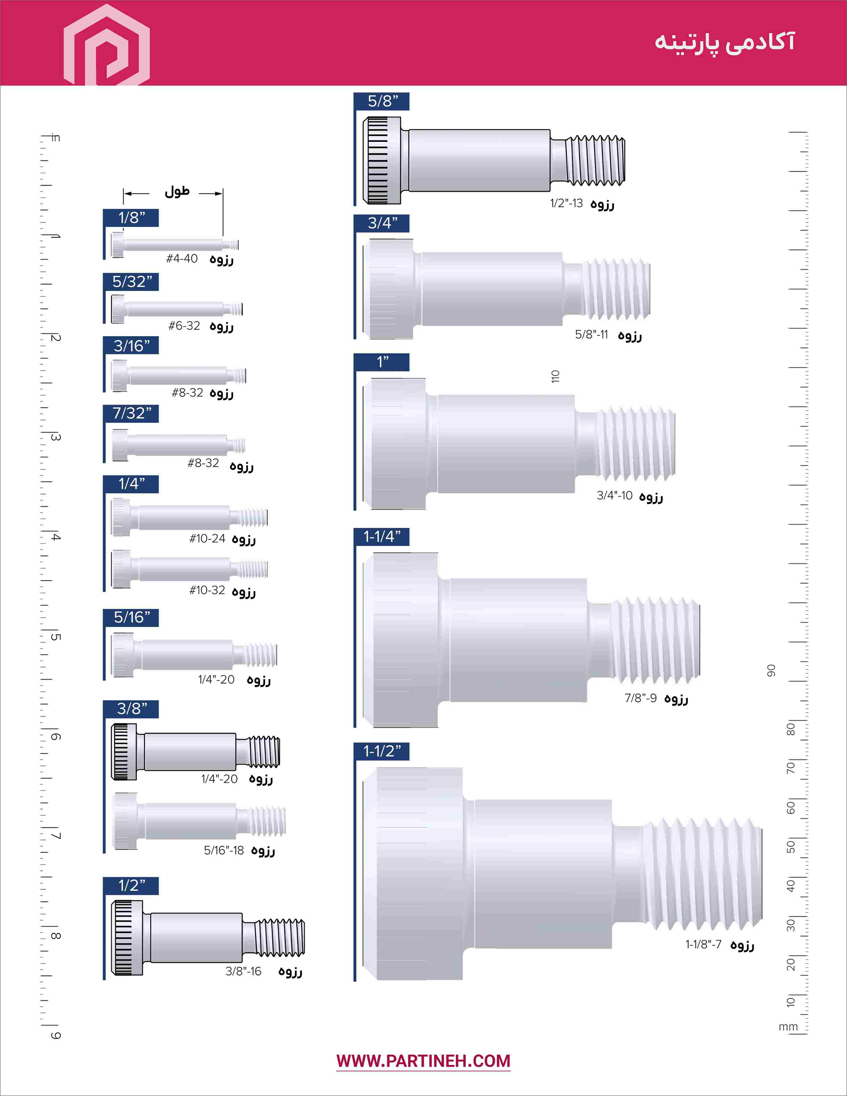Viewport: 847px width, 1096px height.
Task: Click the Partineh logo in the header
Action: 106,45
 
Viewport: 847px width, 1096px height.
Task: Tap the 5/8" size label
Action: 382,101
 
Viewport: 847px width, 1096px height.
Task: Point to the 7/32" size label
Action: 132,413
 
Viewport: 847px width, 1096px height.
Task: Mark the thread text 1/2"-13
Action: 567,203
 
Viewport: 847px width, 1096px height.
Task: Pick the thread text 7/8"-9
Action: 640,698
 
